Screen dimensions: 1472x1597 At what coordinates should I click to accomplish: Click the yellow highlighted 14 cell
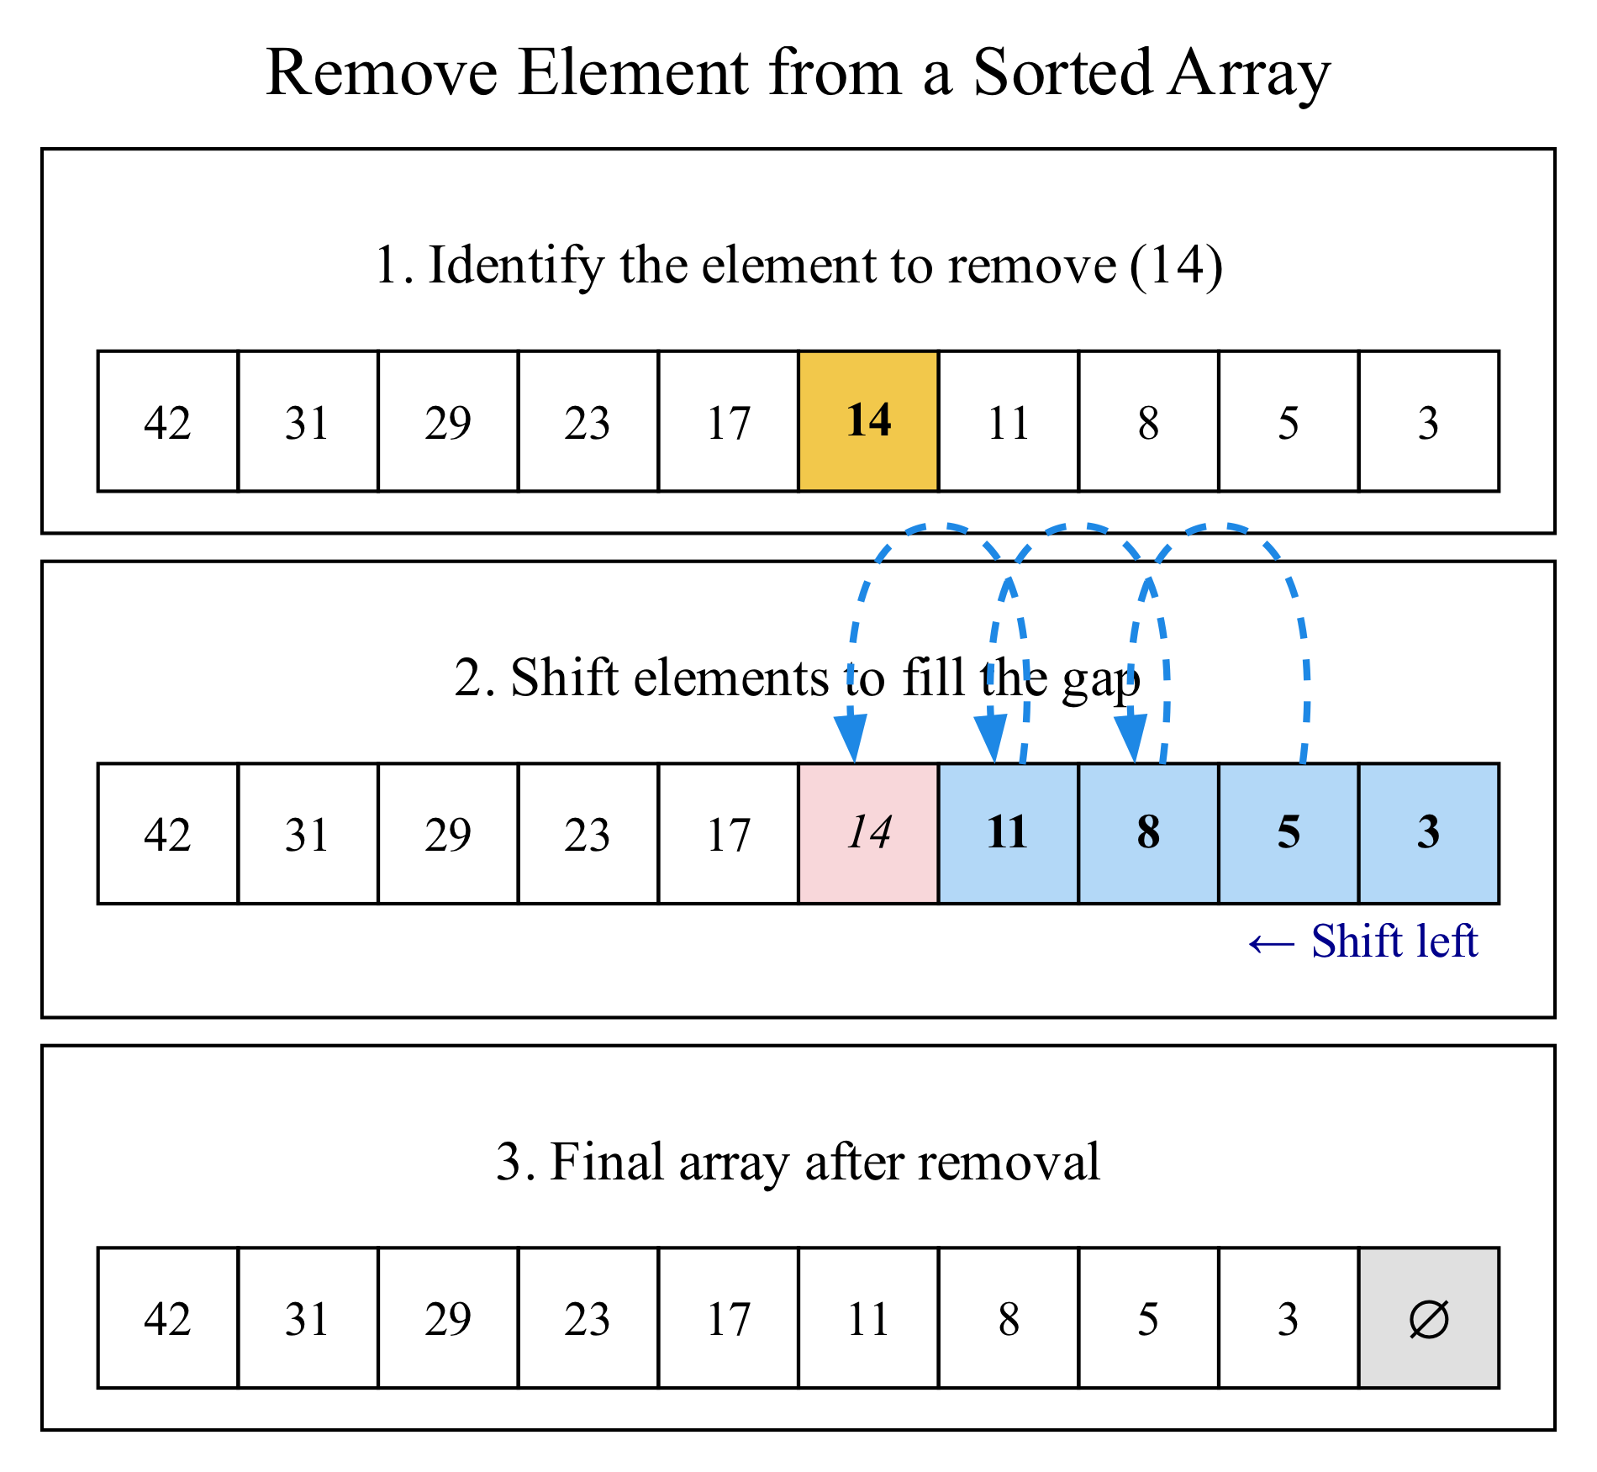click(868, 421)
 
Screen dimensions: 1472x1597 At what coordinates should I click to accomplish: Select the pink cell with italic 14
click(868, 833)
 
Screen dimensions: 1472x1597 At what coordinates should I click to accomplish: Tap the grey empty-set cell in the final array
click(1428, 1317)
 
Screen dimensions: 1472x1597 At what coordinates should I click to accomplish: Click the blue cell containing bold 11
click(1008, 833)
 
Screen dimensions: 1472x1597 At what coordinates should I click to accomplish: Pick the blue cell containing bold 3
click(1428, 833)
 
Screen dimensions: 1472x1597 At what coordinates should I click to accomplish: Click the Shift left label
click(1363, 942)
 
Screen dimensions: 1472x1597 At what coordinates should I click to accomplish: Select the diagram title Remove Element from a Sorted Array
click(798, 73)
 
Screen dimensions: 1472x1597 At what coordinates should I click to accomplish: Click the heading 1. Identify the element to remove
click(798, 266)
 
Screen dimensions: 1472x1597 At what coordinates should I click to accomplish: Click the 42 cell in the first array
click(167, 421)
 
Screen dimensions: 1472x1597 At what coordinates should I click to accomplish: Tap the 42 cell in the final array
click(167, 1317)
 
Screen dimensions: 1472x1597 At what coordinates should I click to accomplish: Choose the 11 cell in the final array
click(868, 1317)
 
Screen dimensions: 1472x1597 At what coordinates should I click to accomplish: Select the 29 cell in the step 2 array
click(447, 833)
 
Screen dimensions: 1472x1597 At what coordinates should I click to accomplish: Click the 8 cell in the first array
click(1148, 421)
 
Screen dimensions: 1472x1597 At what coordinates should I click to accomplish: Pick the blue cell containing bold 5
click(1288, 833)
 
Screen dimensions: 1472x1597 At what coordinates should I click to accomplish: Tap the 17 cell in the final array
click(728, 1317)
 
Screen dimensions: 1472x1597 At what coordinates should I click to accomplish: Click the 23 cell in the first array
click(588, 421)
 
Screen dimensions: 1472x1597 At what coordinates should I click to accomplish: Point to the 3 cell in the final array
click(1288, 1317)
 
